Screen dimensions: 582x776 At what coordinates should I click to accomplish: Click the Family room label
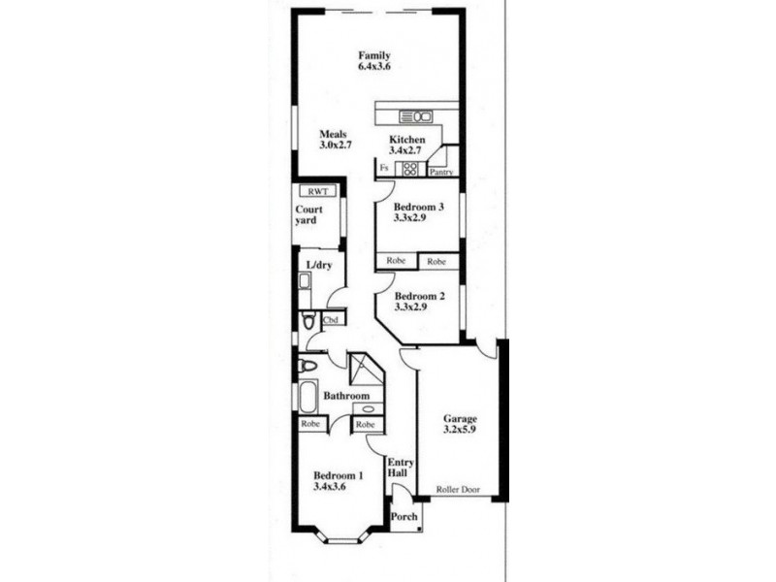pos(374,55)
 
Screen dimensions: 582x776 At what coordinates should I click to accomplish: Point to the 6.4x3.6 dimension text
pos(374,68)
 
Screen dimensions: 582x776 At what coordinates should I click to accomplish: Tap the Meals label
pos(335,134)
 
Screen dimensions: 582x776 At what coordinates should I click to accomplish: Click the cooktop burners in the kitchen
pos(408,169)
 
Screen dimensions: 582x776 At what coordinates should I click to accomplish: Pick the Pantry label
pos(442,173)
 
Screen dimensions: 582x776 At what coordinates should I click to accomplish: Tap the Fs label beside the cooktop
pos(384,169)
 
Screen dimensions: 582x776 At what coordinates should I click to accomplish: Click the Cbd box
pos(331,319)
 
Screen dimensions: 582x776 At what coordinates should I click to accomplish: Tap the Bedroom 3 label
pos(419,207)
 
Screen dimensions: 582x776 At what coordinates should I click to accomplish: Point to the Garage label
pos(460,419)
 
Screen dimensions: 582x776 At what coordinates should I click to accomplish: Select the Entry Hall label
pos(399,468)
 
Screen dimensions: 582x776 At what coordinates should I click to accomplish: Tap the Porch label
pos(404,517)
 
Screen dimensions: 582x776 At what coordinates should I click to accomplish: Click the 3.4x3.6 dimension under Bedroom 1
pos(330,487)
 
